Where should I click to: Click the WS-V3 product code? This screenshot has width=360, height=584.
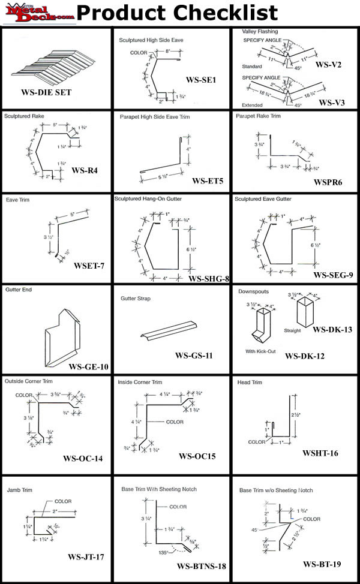point(331,102)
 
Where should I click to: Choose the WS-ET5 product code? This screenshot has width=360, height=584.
point(208,180)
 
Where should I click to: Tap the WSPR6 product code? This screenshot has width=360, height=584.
point(328,182)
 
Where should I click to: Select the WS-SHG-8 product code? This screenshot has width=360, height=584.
point(209,278)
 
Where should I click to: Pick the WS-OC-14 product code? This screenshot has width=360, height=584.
point(83,459)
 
